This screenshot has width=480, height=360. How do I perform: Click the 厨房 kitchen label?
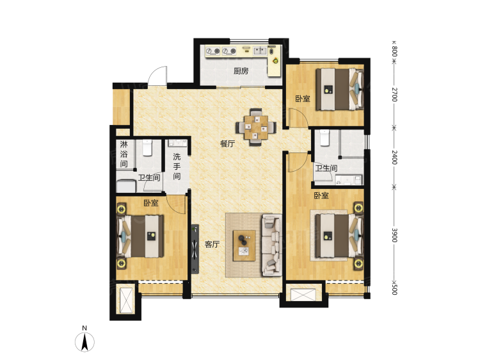click(241, 71)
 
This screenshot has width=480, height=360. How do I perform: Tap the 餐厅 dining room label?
click(228, 143)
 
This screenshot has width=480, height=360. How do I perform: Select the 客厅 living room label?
click(212, 244)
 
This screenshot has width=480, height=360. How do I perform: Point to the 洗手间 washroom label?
click(177, 167)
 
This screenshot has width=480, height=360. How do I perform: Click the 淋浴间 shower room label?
click(124, 154)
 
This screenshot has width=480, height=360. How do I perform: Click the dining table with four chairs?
click(256, 127)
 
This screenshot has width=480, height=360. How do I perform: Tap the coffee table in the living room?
click(244, 246)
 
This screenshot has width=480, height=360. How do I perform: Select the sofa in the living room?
click(272, 245)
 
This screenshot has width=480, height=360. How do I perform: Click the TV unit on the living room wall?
click(195, 249)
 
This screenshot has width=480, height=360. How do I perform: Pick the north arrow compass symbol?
click(84, 341)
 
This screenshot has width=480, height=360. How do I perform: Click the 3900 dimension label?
click(394, 235)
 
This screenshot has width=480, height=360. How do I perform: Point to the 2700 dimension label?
click(394, 94)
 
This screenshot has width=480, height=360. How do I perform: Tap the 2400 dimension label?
click(394, 157)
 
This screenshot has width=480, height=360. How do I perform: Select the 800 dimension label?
click(394, 51)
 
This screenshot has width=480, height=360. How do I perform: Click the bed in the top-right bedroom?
click(340, 89)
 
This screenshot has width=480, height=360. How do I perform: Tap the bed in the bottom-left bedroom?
click(140, 236)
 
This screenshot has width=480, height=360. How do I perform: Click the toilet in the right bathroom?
click(324, 138)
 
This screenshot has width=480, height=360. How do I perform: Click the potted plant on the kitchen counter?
click(275, 60)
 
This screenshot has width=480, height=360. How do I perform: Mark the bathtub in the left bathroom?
click(126, 186)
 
